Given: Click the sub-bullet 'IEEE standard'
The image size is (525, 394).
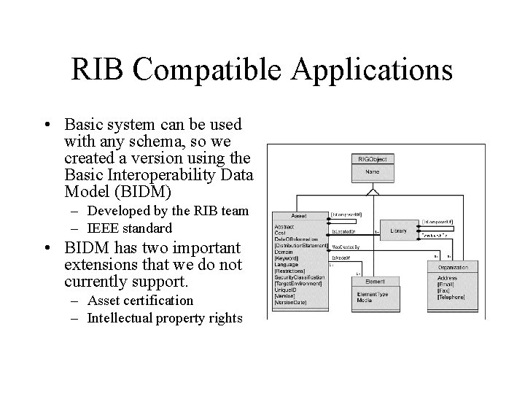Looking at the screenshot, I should click(130, 228).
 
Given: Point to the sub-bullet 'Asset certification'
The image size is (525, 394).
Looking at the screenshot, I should click(140, 301).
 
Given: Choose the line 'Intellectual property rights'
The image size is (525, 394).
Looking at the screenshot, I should click(164, 317).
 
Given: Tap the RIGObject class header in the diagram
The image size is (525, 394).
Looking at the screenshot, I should click(373, 158).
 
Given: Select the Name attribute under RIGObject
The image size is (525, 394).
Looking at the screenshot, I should click(373, 173).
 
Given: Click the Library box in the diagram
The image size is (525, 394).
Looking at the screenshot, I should click(398, 231).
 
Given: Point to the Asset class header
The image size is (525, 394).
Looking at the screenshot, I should click(299, 216).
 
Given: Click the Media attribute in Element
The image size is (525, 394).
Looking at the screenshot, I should click(364, 299).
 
